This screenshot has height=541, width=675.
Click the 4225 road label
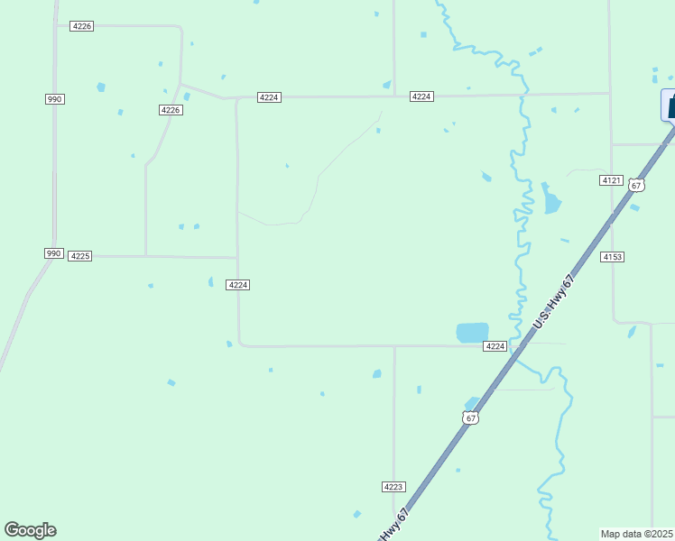(80, 256)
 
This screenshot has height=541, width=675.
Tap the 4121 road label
(611, 180)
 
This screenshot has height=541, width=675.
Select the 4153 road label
(613, 257)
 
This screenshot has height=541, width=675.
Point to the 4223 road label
(393, 486)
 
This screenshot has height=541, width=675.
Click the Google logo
(30, 530)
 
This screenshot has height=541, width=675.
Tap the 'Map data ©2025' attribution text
(637, 534)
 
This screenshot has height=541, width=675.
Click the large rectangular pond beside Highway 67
(472, 332)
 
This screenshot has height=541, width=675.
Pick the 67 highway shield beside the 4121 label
(637, 185)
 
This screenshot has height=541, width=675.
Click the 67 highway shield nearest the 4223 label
(469, 417)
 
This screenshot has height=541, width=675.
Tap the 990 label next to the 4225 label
(53, 253)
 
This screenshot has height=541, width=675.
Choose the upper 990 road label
(54, 98)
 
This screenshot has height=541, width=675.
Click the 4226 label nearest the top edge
(81, 26)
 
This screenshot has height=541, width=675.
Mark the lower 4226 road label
(171, 110)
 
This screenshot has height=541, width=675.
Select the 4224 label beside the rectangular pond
(495, 346)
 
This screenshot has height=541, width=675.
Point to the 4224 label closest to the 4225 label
(237, 285)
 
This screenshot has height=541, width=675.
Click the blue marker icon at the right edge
(670, 105)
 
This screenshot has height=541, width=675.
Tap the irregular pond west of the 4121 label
(550, 200)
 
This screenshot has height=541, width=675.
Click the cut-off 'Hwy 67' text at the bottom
(395, 525)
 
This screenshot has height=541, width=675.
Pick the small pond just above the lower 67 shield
(471, 402)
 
